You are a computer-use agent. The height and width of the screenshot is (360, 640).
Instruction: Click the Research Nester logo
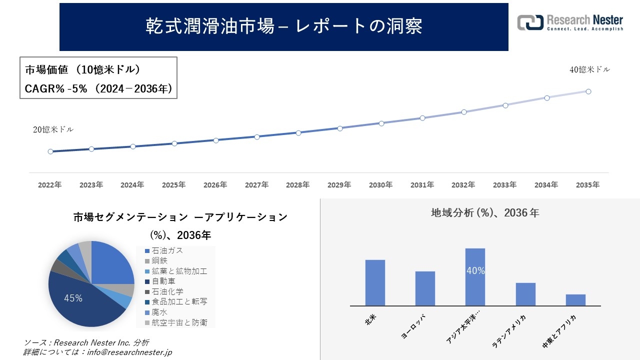[570, 22]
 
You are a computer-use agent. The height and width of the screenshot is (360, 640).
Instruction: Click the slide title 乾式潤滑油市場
[283, 26]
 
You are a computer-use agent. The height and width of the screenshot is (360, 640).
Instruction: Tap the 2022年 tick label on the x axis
[50, 185]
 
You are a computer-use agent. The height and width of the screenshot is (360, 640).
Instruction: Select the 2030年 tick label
[381, 185]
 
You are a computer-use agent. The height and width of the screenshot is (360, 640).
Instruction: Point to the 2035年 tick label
[587, 185]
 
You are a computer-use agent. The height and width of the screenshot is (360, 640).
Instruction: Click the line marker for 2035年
[588, 91]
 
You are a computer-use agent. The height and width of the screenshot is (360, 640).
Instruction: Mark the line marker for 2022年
[50, 151]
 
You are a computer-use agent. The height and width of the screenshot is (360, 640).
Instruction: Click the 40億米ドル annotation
[589, 70]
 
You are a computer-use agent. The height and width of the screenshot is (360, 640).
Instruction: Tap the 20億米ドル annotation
[53, 129]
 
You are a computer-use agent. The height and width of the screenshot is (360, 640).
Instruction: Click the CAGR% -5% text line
[98, 89]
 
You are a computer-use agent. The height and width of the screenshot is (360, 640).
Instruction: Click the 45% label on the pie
[73, 298]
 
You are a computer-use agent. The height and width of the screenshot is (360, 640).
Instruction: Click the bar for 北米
[375, 282]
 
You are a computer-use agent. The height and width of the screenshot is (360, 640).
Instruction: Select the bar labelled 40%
[475, 276]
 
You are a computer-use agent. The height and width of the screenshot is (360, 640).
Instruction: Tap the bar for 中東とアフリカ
[575, 299]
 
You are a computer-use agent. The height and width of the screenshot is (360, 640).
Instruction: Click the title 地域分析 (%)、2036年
[485, 213]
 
